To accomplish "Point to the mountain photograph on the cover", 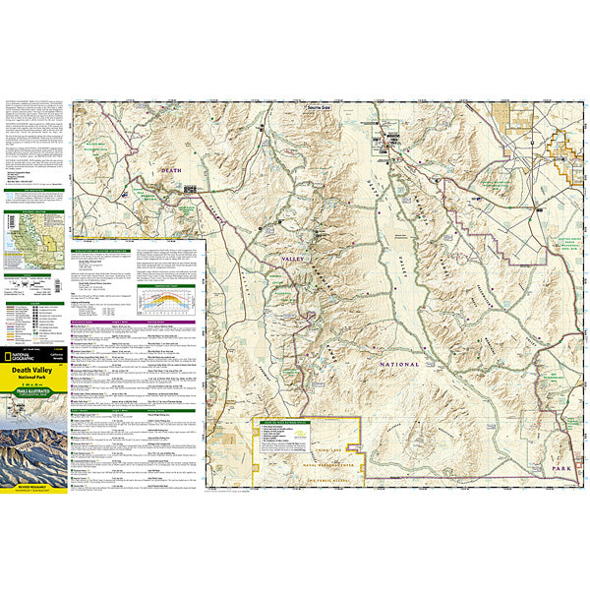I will [34, 447].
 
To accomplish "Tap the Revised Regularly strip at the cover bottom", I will [34, 487].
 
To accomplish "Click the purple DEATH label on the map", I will [173, 171].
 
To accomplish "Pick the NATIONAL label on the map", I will [396, 364].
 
